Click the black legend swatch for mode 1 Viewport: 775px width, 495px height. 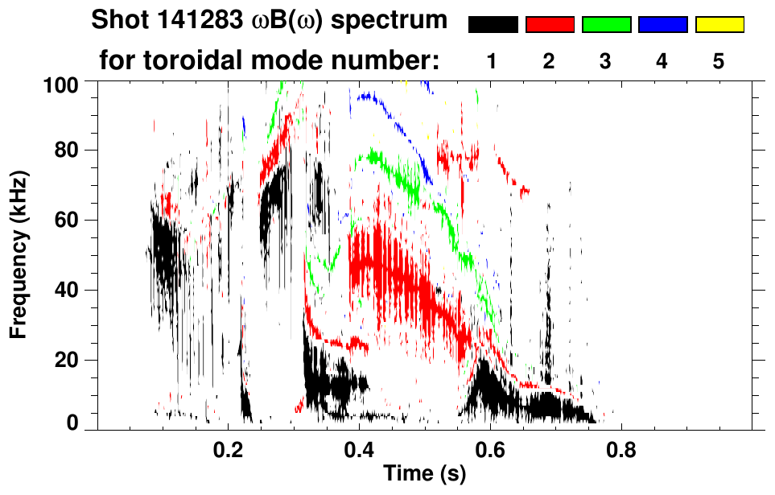click(493, 25)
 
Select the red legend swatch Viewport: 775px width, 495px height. click(550, 25)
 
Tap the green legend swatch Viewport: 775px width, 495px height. click(606, 25)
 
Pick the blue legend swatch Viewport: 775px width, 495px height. click(662, 25)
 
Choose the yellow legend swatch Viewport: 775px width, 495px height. click(719, 25)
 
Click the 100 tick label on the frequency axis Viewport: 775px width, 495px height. click(60, 84)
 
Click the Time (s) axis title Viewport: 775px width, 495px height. click(424, 475)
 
